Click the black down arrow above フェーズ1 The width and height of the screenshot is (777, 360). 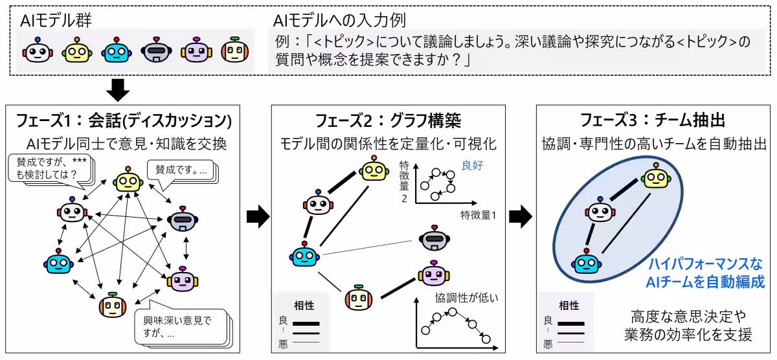(118, 89)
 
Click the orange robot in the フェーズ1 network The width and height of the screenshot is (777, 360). (112, 306)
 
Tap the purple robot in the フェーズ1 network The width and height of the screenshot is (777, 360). (181, 278)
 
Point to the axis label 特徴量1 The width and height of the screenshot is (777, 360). (478, 214)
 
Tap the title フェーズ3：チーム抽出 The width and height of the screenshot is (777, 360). (651, 120)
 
